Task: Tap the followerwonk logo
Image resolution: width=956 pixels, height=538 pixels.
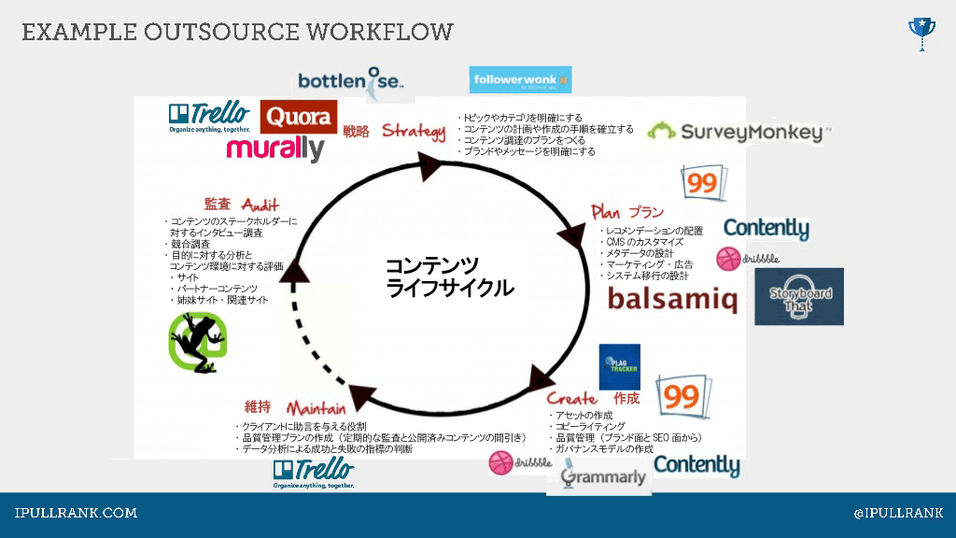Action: pyautogui.click(x=520, y=80)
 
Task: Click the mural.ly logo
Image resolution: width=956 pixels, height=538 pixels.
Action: pyautogui.click(x=274, y=149)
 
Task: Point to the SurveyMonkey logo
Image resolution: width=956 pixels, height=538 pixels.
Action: pyautogui.click(x=738, y=132)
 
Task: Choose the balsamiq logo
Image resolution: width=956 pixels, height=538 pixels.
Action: pyautogui.click(x=672, y=300)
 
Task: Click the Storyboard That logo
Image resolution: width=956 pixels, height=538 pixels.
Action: pyautogui.click(x=799, y=297)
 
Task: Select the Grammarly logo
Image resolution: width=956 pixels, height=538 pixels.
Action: pyautogui.click(x=603, y=476)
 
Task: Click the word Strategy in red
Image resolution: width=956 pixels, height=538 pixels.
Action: pyautogui.click(x=414, y=131)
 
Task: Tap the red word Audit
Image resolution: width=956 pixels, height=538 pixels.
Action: pyautogui.click(x=260, y=205)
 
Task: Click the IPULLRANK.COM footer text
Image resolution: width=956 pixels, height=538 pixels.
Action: pyautogui.click(x=76, y=513)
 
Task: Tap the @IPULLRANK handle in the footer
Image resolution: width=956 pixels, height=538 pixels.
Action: pyautogui.click(x=898, y=513)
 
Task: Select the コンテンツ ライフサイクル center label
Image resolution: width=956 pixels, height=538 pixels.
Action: pyautogui.click(x=449, y=276)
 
